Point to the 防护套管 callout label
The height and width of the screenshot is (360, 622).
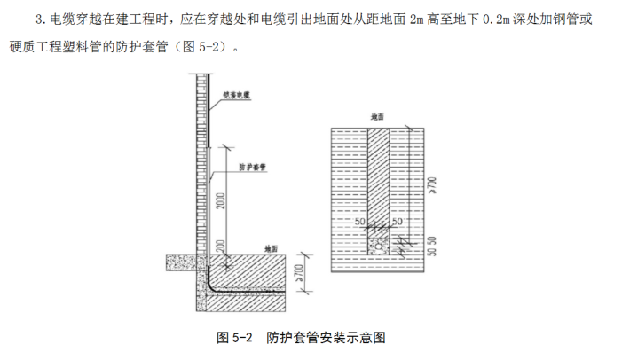[x=253, y=166]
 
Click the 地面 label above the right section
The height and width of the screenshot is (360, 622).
[x=378, y=116]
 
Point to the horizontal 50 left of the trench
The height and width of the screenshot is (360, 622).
[x=359, y=220]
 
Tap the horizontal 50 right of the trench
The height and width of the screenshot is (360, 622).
[x=398, y=220]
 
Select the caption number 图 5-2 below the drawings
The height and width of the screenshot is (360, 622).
[x=235, y=338]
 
